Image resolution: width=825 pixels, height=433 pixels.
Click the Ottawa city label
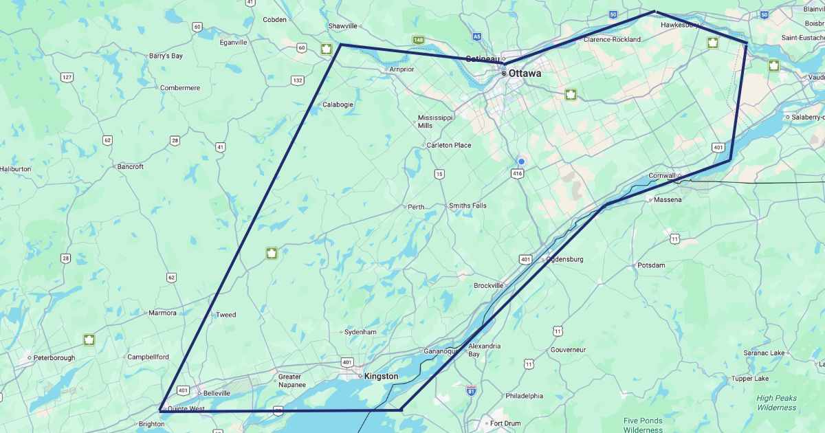pos(525,74)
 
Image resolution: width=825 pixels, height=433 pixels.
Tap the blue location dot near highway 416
pos(521,162)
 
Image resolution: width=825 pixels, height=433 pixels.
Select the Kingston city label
pos(381,377)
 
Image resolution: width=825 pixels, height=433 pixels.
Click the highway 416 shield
pos(518,174)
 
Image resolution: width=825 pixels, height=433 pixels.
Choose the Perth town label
pos(416,207)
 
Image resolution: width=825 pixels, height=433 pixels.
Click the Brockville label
pos(489,285)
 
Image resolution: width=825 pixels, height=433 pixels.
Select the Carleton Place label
pos(448,145)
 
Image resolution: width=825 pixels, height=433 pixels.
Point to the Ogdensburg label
pos(564,259)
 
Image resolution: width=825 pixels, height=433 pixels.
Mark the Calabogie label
pos(338,104)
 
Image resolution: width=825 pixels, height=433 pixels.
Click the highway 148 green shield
pos(418,40)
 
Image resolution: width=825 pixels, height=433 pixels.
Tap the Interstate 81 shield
pos(471,390)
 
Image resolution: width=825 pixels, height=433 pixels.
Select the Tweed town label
pos(225,315)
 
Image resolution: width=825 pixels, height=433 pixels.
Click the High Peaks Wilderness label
pos(776,403)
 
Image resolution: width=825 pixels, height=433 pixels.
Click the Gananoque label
pos(441,351)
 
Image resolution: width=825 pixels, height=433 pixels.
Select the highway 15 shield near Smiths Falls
pos(439,174)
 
